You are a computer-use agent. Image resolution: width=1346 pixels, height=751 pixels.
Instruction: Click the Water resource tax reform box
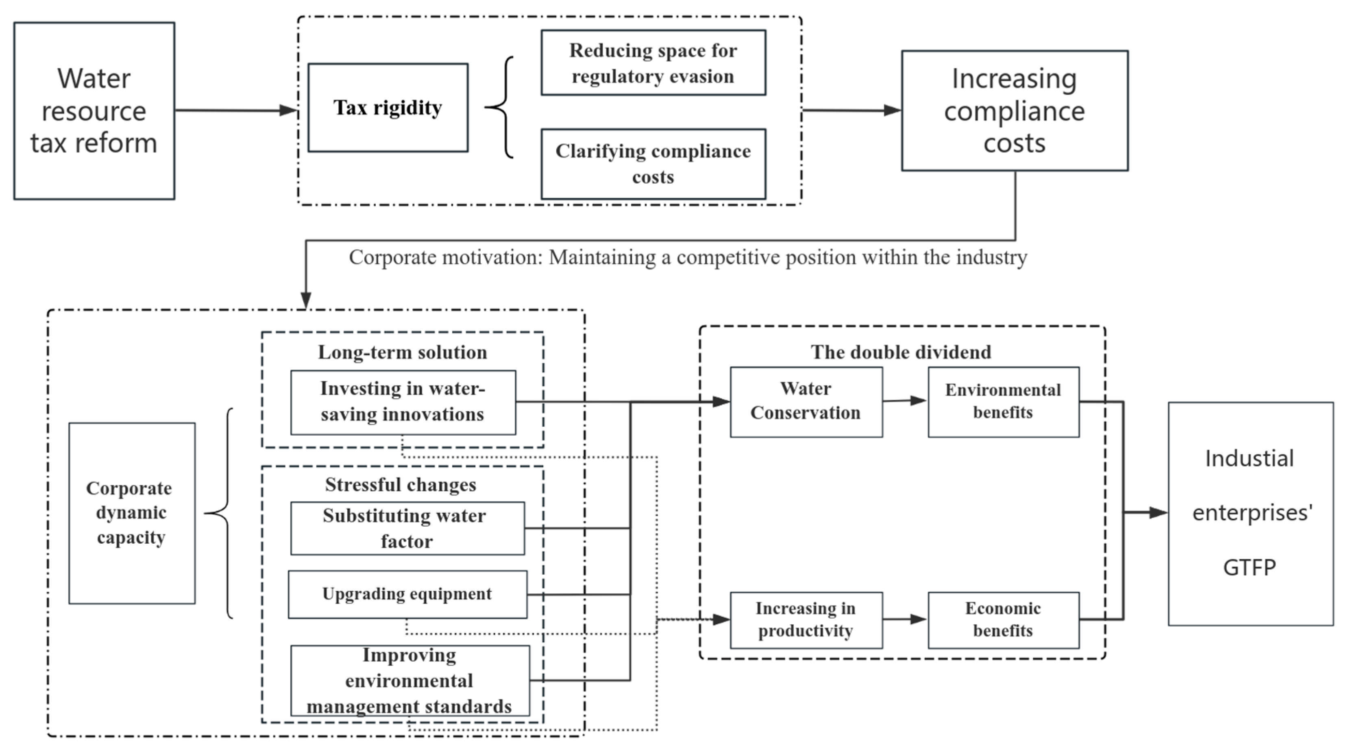[94, 111]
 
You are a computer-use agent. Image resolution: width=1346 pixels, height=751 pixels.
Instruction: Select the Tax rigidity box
[388, 108]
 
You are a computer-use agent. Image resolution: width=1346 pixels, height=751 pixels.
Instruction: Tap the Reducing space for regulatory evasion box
[653, 63]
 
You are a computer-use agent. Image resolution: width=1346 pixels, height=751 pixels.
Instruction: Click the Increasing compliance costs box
[1014, 111]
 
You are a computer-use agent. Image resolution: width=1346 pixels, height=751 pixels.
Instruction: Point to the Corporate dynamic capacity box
[132, 513]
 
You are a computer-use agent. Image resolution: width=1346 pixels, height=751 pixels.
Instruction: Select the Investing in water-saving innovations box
[403, 402]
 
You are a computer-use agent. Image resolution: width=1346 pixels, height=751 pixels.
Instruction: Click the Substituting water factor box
[407, 528]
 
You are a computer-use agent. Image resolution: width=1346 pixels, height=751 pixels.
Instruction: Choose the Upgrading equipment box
[407, 594]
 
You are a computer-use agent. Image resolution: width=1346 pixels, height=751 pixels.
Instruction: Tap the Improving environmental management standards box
[409, 681]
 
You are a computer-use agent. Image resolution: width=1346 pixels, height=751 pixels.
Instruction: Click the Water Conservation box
[806, 402]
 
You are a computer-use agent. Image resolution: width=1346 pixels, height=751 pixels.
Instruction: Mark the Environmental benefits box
[1003, 402]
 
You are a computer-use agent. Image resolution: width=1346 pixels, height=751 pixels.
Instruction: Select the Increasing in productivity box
[806, 620]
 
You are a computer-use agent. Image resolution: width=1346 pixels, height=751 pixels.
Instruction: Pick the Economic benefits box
[1003, 620]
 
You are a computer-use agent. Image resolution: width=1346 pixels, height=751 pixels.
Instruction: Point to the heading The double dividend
[901, 352]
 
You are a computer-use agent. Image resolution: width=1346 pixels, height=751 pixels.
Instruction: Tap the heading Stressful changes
[401, 485]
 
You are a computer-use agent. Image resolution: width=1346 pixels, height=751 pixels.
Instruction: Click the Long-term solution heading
[402, 352]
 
